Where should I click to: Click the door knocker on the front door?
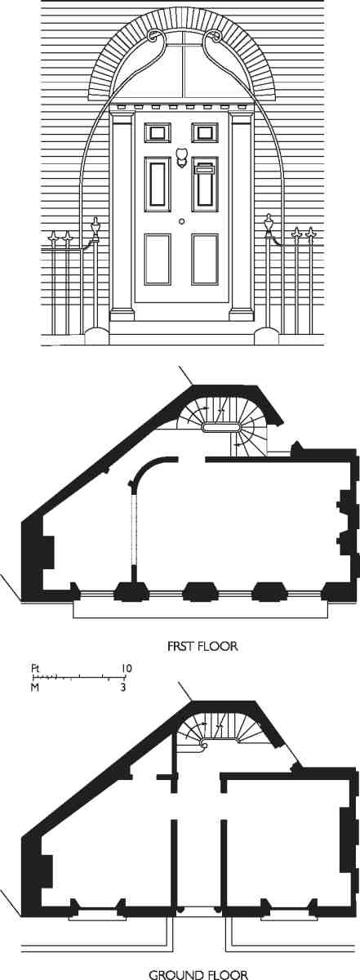pyautogui.click(x=181, y=158)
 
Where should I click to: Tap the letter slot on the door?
pyautogui.click(x=205, y=168)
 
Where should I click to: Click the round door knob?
pyautogui.click(x=181, y=222)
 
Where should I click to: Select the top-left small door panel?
pyautogui.click(x=157, y=131)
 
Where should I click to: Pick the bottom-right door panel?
pyautogui.click(x=205, y=260)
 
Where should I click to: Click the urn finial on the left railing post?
pyautogui.click(x=95, y=228)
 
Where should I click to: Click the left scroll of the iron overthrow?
pyautogui.click(x=154, y=36)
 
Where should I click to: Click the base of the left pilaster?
pyautogui.click(x=122, y=314)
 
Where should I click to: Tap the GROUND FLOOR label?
pyautogui.click(x=198, y=973)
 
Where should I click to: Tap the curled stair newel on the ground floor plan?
pyautogui.click(x=203, y=744)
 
